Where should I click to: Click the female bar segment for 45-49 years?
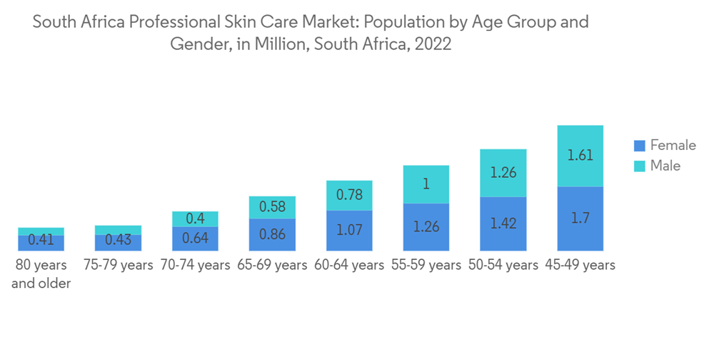click(580, 219)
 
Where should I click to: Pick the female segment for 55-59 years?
click(426, 227)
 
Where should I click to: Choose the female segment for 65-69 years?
click(272, 234)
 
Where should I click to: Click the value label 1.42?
click(503, 224)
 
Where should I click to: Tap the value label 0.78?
click(349, 195)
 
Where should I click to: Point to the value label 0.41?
click(41, 240)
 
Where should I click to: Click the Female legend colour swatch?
click(639, 146)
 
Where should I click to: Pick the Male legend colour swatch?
click(639, 166)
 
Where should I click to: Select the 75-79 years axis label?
click(118, 265)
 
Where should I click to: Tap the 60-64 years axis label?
click(349, 265)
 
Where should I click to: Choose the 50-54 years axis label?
click(503, 265)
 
